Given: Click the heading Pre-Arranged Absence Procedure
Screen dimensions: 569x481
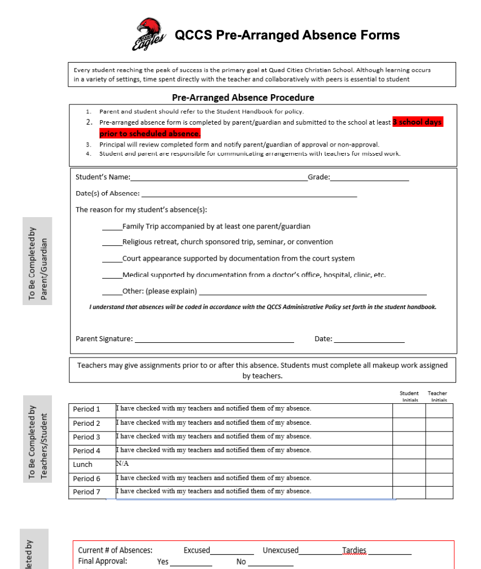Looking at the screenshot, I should click(243, 98).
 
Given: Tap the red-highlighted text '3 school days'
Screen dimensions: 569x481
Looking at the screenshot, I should click(418, 122).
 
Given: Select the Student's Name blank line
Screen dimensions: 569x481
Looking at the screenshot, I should click(218, 178).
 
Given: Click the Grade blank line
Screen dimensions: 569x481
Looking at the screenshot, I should click(369, 178).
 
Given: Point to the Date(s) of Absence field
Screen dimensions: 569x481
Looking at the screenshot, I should click(248, 195).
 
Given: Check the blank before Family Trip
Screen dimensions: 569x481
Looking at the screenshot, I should click(112, 227).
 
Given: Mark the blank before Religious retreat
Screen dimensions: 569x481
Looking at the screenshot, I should click(112, 243).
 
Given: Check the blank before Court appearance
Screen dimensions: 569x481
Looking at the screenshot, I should click(112, 259).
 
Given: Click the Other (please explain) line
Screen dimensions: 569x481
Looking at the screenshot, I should click(313, 293).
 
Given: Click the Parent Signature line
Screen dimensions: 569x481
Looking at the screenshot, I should click(214, 340).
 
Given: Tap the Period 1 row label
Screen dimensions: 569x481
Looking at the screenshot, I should click(86, 409).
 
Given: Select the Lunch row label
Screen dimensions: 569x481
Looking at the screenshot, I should click(82, 465).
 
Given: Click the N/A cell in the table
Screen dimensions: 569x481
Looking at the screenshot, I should click(123, 464).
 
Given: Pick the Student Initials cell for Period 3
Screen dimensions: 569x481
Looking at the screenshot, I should click(409, 437).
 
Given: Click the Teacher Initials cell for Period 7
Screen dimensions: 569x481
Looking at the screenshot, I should click(439, 492).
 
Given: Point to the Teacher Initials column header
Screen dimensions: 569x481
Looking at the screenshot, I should click(438, 396).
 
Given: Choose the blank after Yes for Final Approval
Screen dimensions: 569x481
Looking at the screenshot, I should click(191, 563).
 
